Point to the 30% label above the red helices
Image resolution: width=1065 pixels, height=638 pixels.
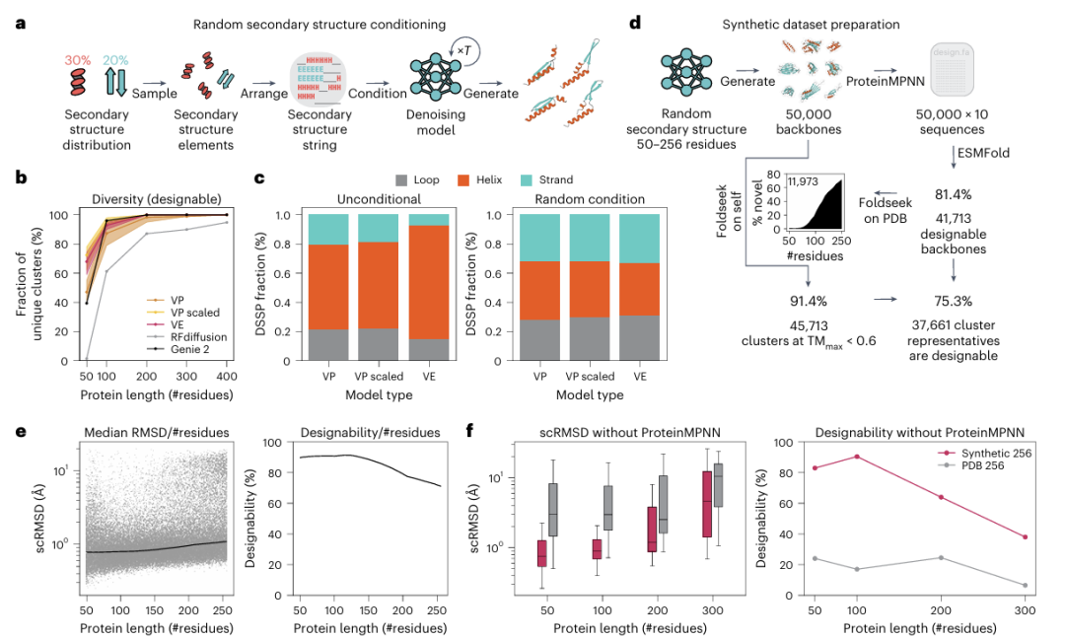tap(78, 60)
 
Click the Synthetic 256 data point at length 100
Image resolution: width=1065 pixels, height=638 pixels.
tap(857, 457)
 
